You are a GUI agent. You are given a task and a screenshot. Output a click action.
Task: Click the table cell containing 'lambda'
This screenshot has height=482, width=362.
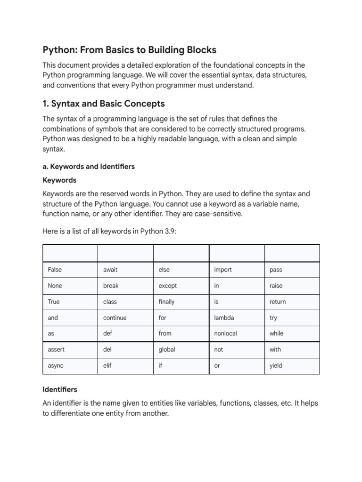[224, 318]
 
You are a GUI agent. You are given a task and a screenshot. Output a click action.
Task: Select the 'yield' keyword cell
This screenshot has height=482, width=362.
[276, 366]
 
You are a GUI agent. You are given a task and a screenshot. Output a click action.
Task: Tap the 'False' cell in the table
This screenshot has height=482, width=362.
[55, 270]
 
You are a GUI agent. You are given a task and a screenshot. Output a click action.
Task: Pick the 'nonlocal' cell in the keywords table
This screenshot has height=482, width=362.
[225, 333]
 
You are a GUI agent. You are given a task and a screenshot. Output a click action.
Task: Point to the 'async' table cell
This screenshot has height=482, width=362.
[56, 366]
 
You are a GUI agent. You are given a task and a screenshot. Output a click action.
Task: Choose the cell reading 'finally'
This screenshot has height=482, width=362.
[166, 302]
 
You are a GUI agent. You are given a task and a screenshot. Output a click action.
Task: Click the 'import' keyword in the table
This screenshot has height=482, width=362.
[223, 270]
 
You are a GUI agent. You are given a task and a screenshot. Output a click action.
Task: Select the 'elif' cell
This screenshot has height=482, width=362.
[107, 366]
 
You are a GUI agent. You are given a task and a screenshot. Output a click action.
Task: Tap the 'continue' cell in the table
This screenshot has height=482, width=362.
[115, 318]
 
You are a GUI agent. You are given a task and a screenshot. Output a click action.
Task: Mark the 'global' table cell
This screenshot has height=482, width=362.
[167, 349]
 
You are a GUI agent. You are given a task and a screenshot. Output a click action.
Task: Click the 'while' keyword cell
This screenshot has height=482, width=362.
[276, 333]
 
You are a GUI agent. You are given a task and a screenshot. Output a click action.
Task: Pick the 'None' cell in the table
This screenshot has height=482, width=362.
[55, 286]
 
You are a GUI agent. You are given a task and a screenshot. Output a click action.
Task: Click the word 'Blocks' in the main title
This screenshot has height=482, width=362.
[199, 50]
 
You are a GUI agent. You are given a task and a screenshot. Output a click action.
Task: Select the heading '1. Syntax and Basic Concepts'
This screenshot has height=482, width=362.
[104, 103]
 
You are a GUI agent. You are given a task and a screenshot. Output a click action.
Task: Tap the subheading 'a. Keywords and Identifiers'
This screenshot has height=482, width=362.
[89, 166]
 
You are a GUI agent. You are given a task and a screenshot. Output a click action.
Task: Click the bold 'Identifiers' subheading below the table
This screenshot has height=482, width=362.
[60, 390]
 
